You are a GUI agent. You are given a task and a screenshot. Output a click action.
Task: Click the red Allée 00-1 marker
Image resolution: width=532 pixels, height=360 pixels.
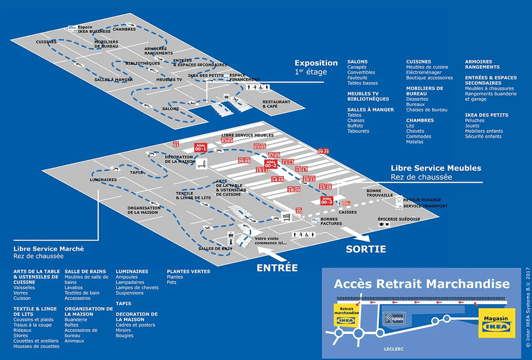(200, 148)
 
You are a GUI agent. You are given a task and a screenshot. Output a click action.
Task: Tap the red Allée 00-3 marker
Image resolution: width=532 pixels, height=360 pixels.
(327, 200)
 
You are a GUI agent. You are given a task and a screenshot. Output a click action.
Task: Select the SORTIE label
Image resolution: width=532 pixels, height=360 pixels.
(366, 249)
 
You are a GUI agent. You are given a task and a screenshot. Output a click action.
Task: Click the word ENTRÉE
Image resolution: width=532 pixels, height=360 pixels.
(277, 268)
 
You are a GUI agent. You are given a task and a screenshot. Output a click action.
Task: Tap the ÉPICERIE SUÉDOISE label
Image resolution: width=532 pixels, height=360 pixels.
(399, 219)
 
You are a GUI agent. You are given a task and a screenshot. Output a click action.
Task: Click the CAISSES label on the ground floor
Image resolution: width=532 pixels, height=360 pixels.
(348, 212)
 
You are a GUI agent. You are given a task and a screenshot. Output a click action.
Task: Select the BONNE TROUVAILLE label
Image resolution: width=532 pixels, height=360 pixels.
(380, 193)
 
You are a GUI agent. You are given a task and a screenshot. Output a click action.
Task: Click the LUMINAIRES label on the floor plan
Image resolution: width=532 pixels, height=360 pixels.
(103, 179)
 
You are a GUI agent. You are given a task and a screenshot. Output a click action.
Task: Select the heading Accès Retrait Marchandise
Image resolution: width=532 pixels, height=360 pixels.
(421, 284)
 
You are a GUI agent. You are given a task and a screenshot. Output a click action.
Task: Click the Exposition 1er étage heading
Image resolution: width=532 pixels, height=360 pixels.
(316, 66)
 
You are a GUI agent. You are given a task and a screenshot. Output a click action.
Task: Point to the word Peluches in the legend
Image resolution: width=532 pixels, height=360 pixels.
(474, 120)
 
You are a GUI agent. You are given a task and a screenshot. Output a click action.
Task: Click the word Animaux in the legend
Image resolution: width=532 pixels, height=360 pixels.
(75, 341)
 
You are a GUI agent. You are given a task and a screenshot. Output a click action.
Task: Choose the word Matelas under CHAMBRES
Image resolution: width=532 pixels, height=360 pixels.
(415, 142)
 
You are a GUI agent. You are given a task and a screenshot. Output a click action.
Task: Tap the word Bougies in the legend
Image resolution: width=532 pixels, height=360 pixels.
(124, 335)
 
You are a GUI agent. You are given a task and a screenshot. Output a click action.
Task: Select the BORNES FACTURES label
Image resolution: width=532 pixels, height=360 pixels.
(331, 221)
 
